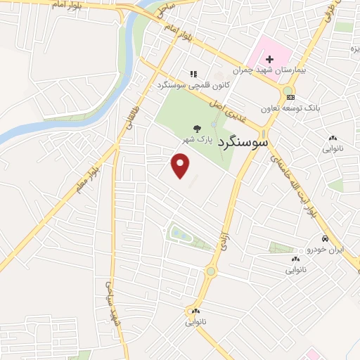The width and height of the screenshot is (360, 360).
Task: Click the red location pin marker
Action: coord(181,165)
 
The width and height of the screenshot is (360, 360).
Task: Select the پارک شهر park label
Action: coord(199,140)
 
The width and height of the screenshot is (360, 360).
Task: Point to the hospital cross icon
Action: coord(269,60)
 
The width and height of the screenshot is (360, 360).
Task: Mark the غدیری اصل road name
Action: coord(219,105)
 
